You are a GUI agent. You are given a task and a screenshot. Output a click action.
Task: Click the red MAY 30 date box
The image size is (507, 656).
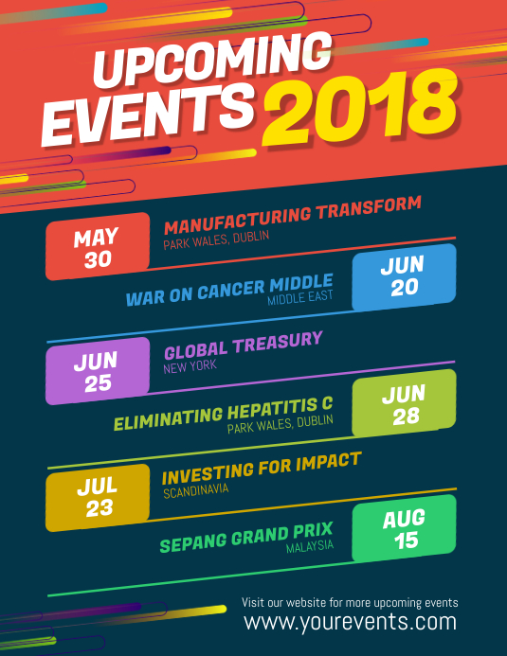[x=98, y=248]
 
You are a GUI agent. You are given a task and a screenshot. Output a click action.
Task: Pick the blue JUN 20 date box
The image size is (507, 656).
[x=404, y=277]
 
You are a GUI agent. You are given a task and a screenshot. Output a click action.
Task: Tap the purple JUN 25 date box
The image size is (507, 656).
[x=98, y=371]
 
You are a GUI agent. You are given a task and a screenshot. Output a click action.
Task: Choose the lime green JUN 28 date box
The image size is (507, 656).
[x=404, y=402]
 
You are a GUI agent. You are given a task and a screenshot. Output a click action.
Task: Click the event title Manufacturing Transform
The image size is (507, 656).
[x=292, y=216]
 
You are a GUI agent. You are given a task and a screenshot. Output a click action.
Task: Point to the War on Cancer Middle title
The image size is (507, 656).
[x=229, y=289]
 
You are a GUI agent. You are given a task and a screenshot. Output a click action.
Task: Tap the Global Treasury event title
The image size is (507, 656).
[x=244, y=345]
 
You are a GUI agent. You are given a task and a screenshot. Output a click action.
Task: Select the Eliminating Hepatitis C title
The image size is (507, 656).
[x=224, y=414]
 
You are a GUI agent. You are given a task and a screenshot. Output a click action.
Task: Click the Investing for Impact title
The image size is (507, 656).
[x=262, y=468]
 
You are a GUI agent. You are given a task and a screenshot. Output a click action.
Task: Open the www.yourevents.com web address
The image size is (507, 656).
[x=350, y=622]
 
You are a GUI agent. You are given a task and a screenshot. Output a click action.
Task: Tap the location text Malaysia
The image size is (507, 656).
[x=310, y=546]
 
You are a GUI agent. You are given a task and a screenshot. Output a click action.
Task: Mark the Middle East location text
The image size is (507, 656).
[x=299, y=299]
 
